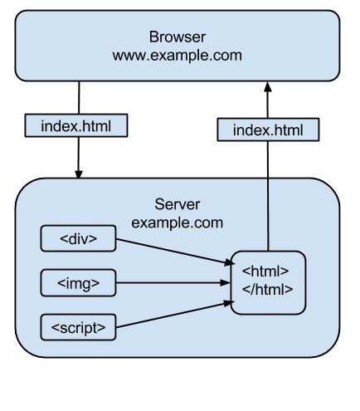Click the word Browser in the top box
(x=178, y=37)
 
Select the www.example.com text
(x=178, y=56)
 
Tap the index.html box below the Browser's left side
(x=76, y=125)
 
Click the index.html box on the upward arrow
(x=268, y=130)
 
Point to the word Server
(x=178, y=204)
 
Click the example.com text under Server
(x=178, y=223)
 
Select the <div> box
(x=78, y=238)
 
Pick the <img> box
(x=78, y=283)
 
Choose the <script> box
(x=78, y=327)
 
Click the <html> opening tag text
(x=265, y=271)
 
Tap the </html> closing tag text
(x=267, y=289)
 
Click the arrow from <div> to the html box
(x=175, y=252)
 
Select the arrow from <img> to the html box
(x=173, y=283)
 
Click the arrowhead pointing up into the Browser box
(x=268, y=87)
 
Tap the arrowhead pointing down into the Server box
(x=79, y=174)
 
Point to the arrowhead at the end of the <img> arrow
(x=226, y=283)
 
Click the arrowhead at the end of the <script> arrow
(x=229, y=303)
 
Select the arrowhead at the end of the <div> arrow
(x=230, y=262)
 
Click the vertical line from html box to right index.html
(x=268, y=196)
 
